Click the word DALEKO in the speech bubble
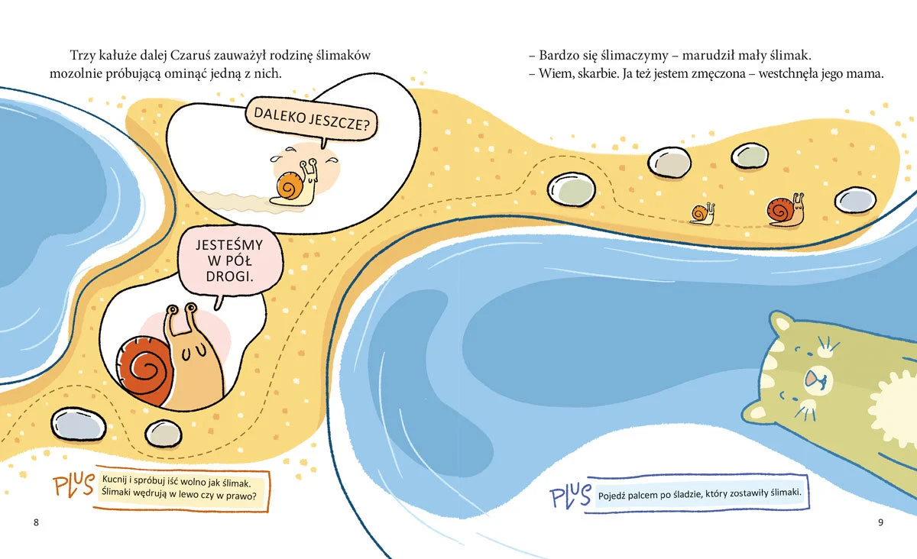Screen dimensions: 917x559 (x=279, y=115)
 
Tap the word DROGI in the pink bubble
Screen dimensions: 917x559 (x=230, y=276)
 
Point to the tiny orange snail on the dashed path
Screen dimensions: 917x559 (x=702, y=214)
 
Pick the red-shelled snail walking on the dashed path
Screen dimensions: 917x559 (x=786, y=209)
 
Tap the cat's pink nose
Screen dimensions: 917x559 (x=811, y=378)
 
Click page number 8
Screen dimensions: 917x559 (x=36, y=522)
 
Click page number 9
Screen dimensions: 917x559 (x=880, y=522)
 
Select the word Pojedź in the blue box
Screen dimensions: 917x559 (x=611, y=496)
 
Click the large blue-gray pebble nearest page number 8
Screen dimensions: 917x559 (x=78, y=424)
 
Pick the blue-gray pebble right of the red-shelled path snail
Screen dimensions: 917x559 (x=855, y=200)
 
